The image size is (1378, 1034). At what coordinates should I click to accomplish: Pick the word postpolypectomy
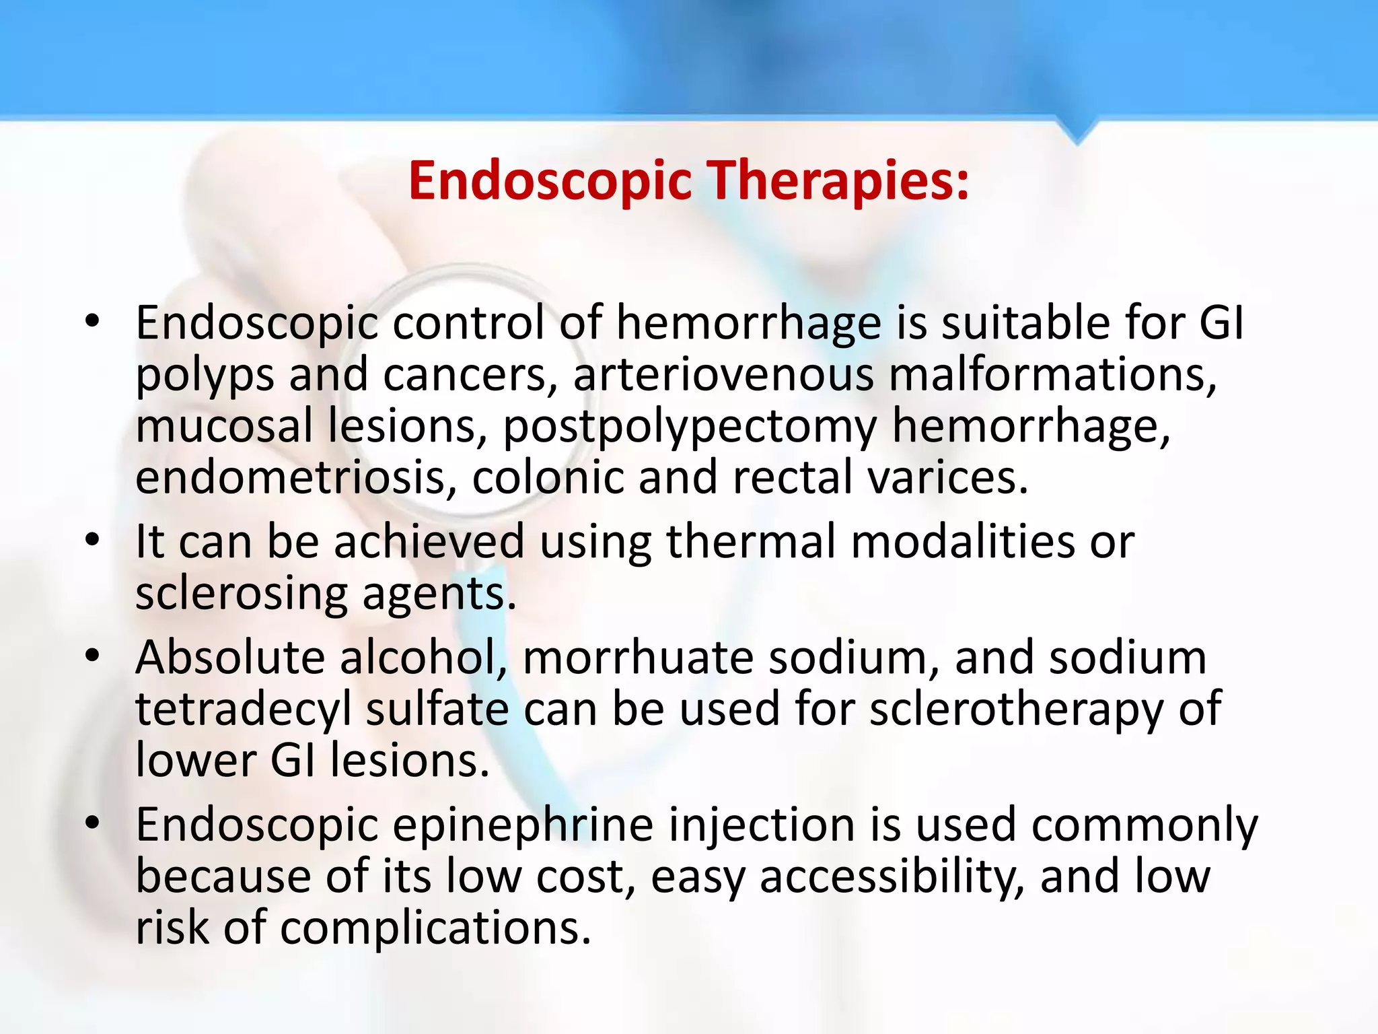(690, 427)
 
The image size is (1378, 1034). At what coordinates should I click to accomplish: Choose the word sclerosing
(242, 594)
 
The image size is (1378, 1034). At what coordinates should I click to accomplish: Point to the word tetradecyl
(244, 710)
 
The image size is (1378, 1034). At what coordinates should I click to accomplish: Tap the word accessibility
(892, 876)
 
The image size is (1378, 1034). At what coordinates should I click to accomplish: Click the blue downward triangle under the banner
(1077, 132)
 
